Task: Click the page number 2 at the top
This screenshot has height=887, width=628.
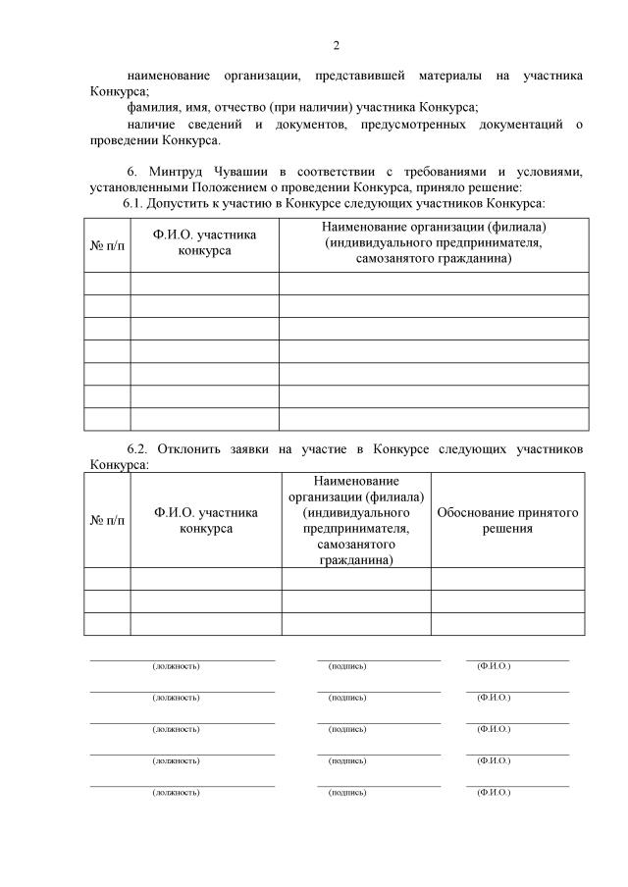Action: coord(336,45)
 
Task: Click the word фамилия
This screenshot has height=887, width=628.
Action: coord(155,108)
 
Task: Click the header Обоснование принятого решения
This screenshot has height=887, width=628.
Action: coord(507,520)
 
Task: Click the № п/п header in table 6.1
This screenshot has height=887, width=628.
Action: coord(108,243)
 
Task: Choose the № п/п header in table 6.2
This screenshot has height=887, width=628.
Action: coord(108,520)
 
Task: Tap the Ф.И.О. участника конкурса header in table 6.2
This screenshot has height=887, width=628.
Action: coord(206,520)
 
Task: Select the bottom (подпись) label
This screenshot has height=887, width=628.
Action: coord(347,791)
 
